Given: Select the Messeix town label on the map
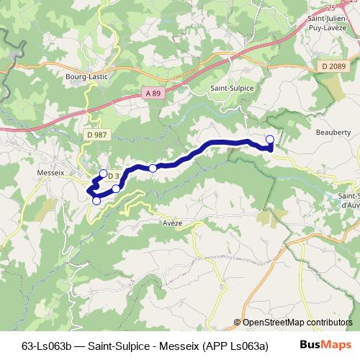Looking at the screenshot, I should click(50, 172).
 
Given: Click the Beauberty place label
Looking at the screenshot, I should click(333, 132).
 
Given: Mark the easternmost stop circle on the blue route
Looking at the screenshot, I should click(270, 139).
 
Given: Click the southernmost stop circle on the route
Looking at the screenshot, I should click(96, 201).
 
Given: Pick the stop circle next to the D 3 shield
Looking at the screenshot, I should click(103, 174).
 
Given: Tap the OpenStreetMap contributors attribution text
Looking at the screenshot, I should click(296, 323).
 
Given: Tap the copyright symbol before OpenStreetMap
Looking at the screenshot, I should click(237, 323).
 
